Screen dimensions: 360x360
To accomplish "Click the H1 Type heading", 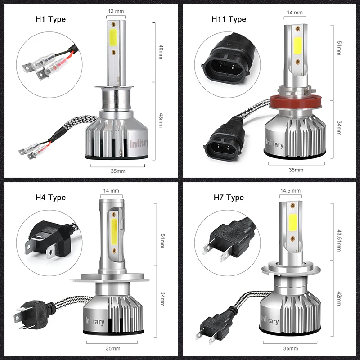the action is pyautogui.click(x=50, y=19).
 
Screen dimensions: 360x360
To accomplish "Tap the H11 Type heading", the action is pyautogui.click(x=229, y=19).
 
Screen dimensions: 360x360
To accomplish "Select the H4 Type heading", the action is pyautogui.click(x=50, y=198).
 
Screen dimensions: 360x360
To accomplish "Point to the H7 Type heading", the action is pyautogui.click(x=229, y=198).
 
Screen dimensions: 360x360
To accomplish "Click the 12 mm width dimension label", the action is pyautogui.click(x=116, y=11).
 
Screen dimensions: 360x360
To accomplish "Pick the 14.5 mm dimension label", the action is pyautogui.click(x=290, y=190).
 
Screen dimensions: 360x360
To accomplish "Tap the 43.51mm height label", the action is pyautogui.click(x=339, y=240).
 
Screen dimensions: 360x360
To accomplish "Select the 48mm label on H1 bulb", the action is pyautogui.click(x=161, y=120).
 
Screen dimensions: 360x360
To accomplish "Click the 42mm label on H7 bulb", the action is pyautogui.click(x=339, y=298).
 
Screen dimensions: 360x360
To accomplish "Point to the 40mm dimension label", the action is pyautogui.click(x=161, y=52).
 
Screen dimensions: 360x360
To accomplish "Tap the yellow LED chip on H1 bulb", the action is pyautogui.click(x=113, y=38).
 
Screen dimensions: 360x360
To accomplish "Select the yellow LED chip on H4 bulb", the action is pyautogui.click(x=114, y=231).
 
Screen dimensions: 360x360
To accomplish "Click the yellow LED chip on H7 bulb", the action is pyautogui.click(x=292, y=222).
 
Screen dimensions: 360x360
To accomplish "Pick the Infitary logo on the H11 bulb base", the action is pyautogui.click(x=274, y=143).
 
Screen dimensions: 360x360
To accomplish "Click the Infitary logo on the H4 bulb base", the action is pyautogui.click(x=95, y=321).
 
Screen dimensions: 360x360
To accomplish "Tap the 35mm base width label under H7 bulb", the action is pyautogui.click(x=290, y=348).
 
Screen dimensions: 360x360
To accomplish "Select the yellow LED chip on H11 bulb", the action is pyautogui.click(x=297, y=45).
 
